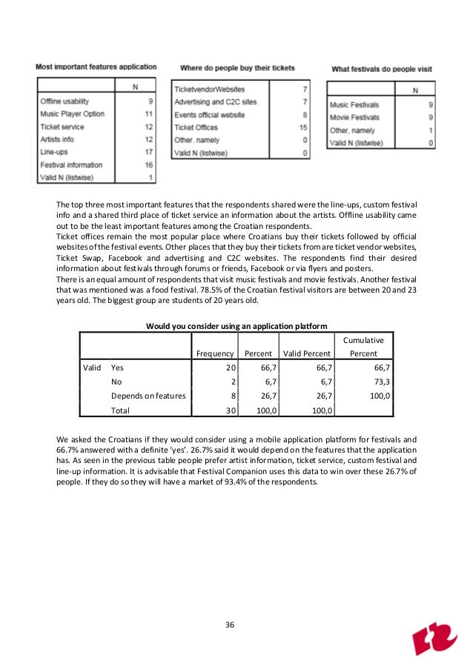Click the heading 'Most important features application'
tap(96, 67)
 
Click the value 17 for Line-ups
tap(149, 152)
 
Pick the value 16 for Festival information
tap(149, 164)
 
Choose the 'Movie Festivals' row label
tap(354, 117)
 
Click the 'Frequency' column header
tap(215, 353)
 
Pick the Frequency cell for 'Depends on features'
tap(232, 396)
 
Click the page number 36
tap(230, 625)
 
